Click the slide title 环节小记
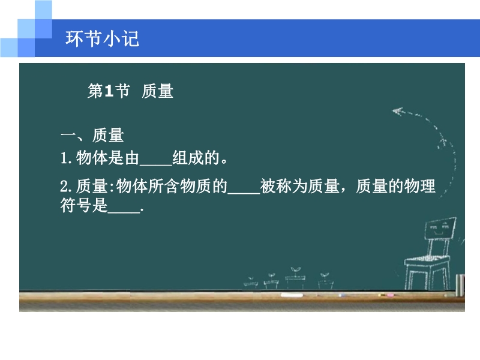tap(102, 39)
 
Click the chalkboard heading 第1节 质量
tap(131, 91)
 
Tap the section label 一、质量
tap(92, 136)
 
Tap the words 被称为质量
tap(299, 186)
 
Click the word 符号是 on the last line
tap(84, 205)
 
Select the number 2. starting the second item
tap(66, 187)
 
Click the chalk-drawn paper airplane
tap(398, 111)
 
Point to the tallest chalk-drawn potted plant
tap(295, 278)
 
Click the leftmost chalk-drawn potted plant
tap(251, 283)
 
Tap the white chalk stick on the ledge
tap(292, 295)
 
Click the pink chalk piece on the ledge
tap(390, 295)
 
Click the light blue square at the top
tap(43, 10)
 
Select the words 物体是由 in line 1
tap(108, 158)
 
